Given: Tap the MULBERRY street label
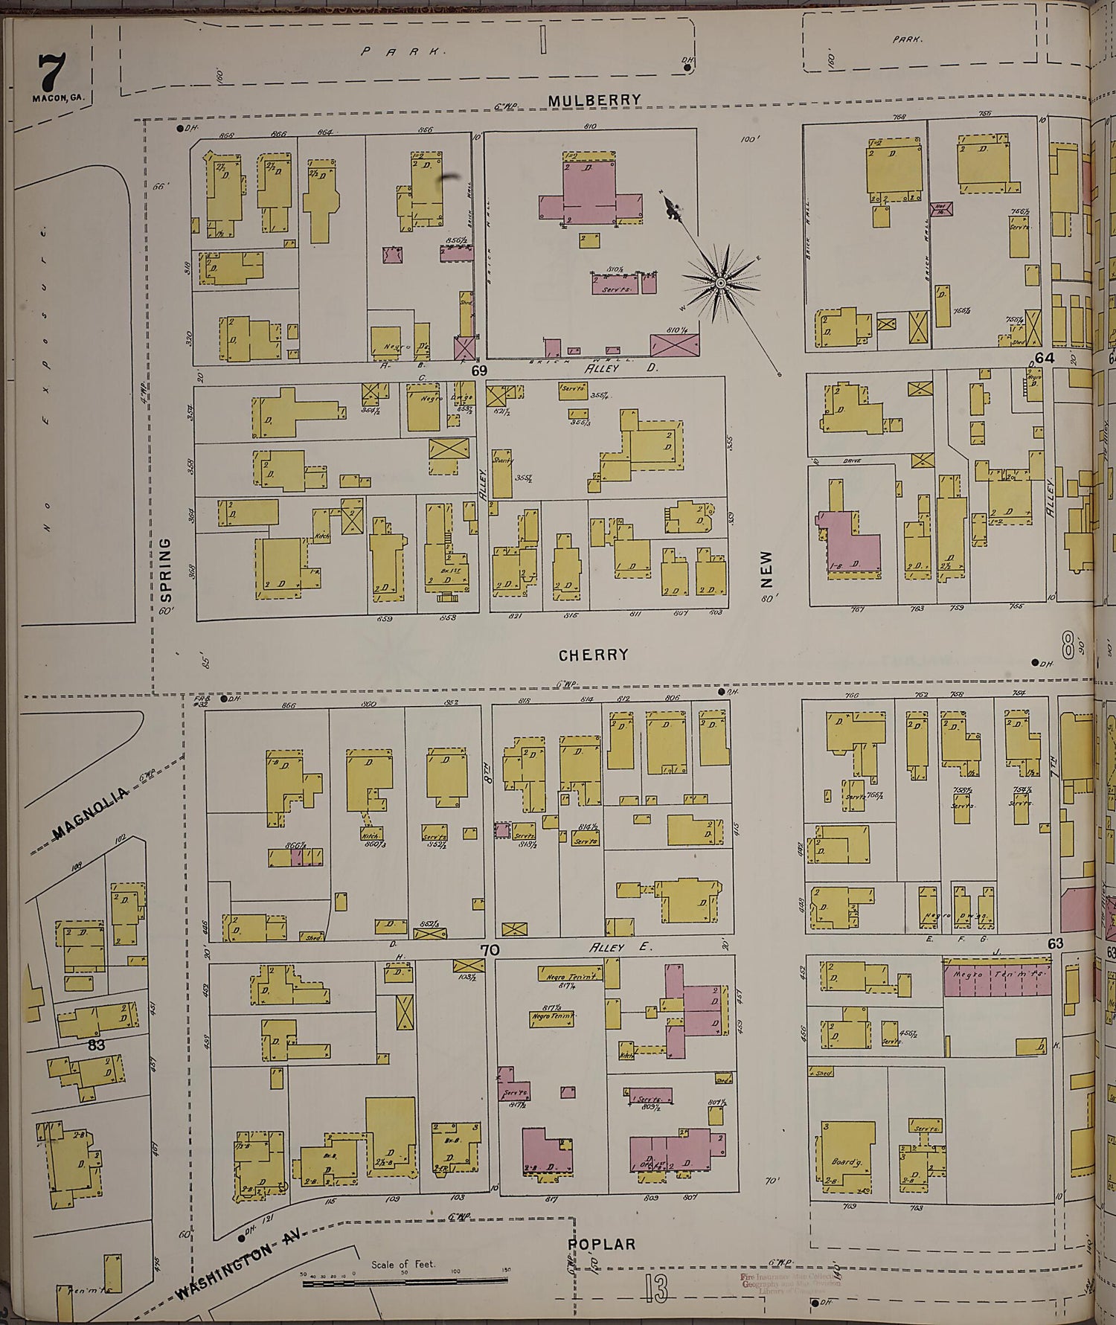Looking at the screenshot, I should pyautogui.click(x=594, y=100).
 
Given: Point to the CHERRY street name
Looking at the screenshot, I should pyautogui.click(x=593, y=655).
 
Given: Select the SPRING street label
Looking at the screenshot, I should pyautogui.click(x=166, y=569).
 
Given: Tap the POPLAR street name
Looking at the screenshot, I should pyautogui.click(x=602, y=1243).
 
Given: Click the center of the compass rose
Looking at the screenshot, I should pyautogui.click(x=720, y=283).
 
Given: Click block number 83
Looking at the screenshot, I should pyautogui.click(x=96, y=1045).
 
